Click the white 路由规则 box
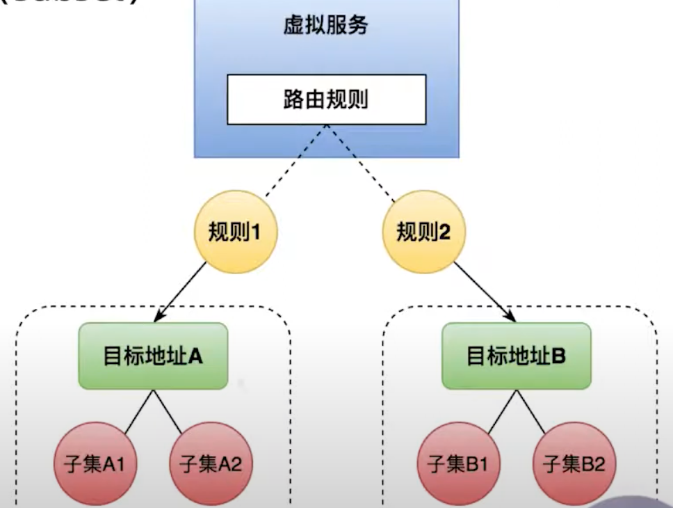point(326,100)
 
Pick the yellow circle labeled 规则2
point(423,232)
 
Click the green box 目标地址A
point(154,356)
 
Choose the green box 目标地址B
point(517,356)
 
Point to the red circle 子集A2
point(210,463)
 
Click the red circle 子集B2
point(574,463)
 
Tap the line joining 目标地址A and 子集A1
point(133,411)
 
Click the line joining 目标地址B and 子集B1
point(496,411)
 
